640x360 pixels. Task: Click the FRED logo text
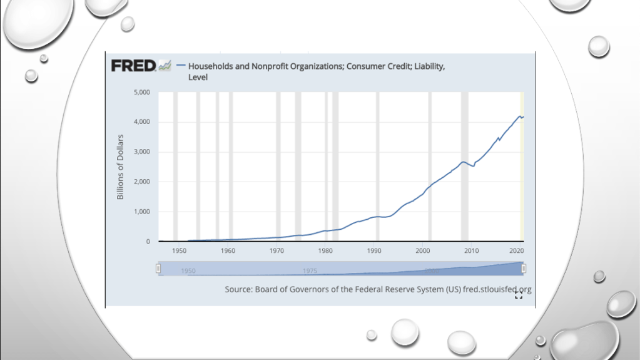(x=133, y=65)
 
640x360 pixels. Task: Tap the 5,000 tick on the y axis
(x=142, y=92)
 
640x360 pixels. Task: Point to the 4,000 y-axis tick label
(x=142, y=122)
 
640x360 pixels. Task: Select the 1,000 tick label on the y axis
(x=142, y=212)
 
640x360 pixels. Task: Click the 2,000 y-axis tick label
(x=142, y=182)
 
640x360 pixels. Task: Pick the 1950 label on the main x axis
(x=180, y=250)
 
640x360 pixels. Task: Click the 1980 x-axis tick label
(x=325, y=250)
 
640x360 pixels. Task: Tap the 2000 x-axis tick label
(x=423, y=250)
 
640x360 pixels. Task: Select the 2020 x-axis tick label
(x=517, y=250)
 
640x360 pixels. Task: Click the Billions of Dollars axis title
(x=120, y=167)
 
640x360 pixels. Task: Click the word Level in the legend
(x=198, y=77)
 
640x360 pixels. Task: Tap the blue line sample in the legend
(x=181, y=66)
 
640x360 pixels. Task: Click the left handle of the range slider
(x=158, y=269)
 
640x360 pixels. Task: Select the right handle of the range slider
(x=524, y=269)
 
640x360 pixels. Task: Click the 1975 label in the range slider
(x=310, y=271)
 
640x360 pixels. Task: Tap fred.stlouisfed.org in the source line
(x=497, y=289)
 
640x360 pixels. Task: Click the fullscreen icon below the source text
(x=518, y=296)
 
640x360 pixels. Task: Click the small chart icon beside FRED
(x=165, y=65)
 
